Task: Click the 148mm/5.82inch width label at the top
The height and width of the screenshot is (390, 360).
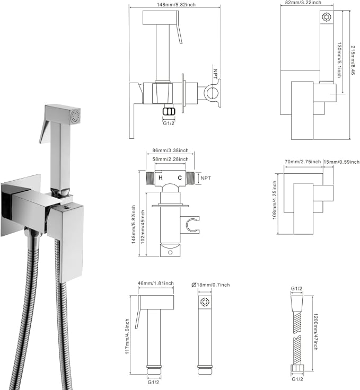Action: pyautogui.click(x=176, y=4)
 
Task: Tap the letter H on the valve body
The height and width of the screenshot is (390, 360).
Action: pyautogui.click(x=161, y=178)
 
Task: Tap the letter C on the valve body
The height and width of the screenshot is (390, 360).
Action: pyautogui.click(x=180, y=178)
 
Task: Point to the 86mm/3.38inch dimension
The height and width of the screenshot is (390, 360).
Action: pyautogui.click(x=170, y=150)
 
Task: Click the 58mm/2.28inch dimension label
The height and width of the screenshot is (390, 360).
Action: pyautogui.click(x=170, y=159)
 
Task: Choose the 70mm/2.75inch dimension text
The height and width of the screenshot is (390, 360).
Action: pyautogui.click(x=303, y=162)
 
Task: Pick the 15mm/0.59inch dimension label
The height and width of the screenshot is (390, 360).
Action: pyautogui.click(x=341, y=162)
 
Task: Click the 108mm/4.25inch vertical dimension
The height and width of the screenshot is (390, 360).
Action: pyautogui.click(x=275, y=200)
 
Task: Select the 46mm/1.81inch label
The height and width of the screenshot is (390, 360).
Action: pyautogui.click(x=156, y=283)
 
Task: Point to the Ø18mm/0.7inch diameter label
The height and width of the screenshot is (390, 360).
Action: pyautogui.click(x=210, y=285)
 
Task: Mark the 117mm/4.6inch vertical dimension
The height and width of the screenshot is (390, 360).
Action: pyautogui.click(x=127, y=336)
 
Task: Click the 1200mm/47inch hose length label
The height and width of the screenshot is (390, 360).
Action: pyautogui.click(x=315, y=332)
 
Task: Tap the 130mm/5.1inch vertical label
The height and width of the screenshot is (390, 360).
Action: pyautogui.click(x=339, y=60)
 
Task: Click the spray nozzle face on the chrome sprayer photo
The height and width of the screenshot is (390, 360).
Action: pyautogui.click(x=75, y=116)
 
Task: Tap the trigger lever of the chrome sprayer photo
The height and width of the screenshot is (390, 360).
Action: pyautogui.click(x=45, y=131)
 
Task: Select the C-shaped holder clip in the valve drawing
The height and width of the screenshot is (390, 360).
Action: pyautogui.click(x=190, y=225)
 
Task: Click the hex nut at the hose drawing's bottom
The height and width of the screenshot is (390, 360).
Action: pyautogui.click(x=297, y=368)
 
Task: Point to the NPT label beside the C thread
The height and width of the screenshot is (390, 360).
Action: pyautogui.click(x=206, y=178)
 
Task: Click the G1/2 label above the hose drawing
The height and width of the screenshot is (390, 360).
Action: pyautogui.click(x=297, y=288)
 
